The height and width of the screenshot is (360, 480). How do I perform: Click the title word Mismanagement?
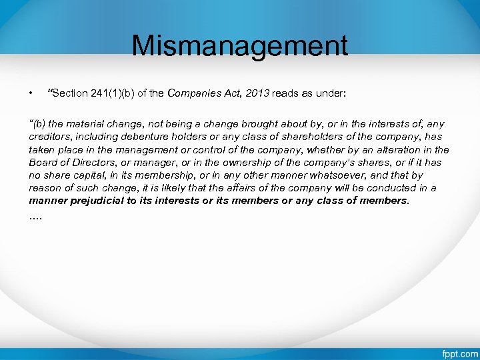pyautogui.click(x=239, y=45)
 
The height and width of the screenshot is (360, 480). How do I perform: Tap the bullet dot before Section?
pyautogui.click(x=31, y=93)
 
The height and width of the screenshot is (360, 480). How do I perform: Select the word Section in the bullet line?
pyautogui.click(x=69, y=93)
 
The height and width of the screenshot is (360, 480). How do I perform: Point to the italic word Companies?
pyautogui.click(x=192, y=93)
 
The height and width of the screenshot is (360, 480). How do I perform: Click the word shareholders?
pyautogui.click(x=279, y=137)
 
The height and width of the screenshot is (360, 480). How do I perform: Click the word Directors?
pyautogui.click(x=91, y=163)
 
